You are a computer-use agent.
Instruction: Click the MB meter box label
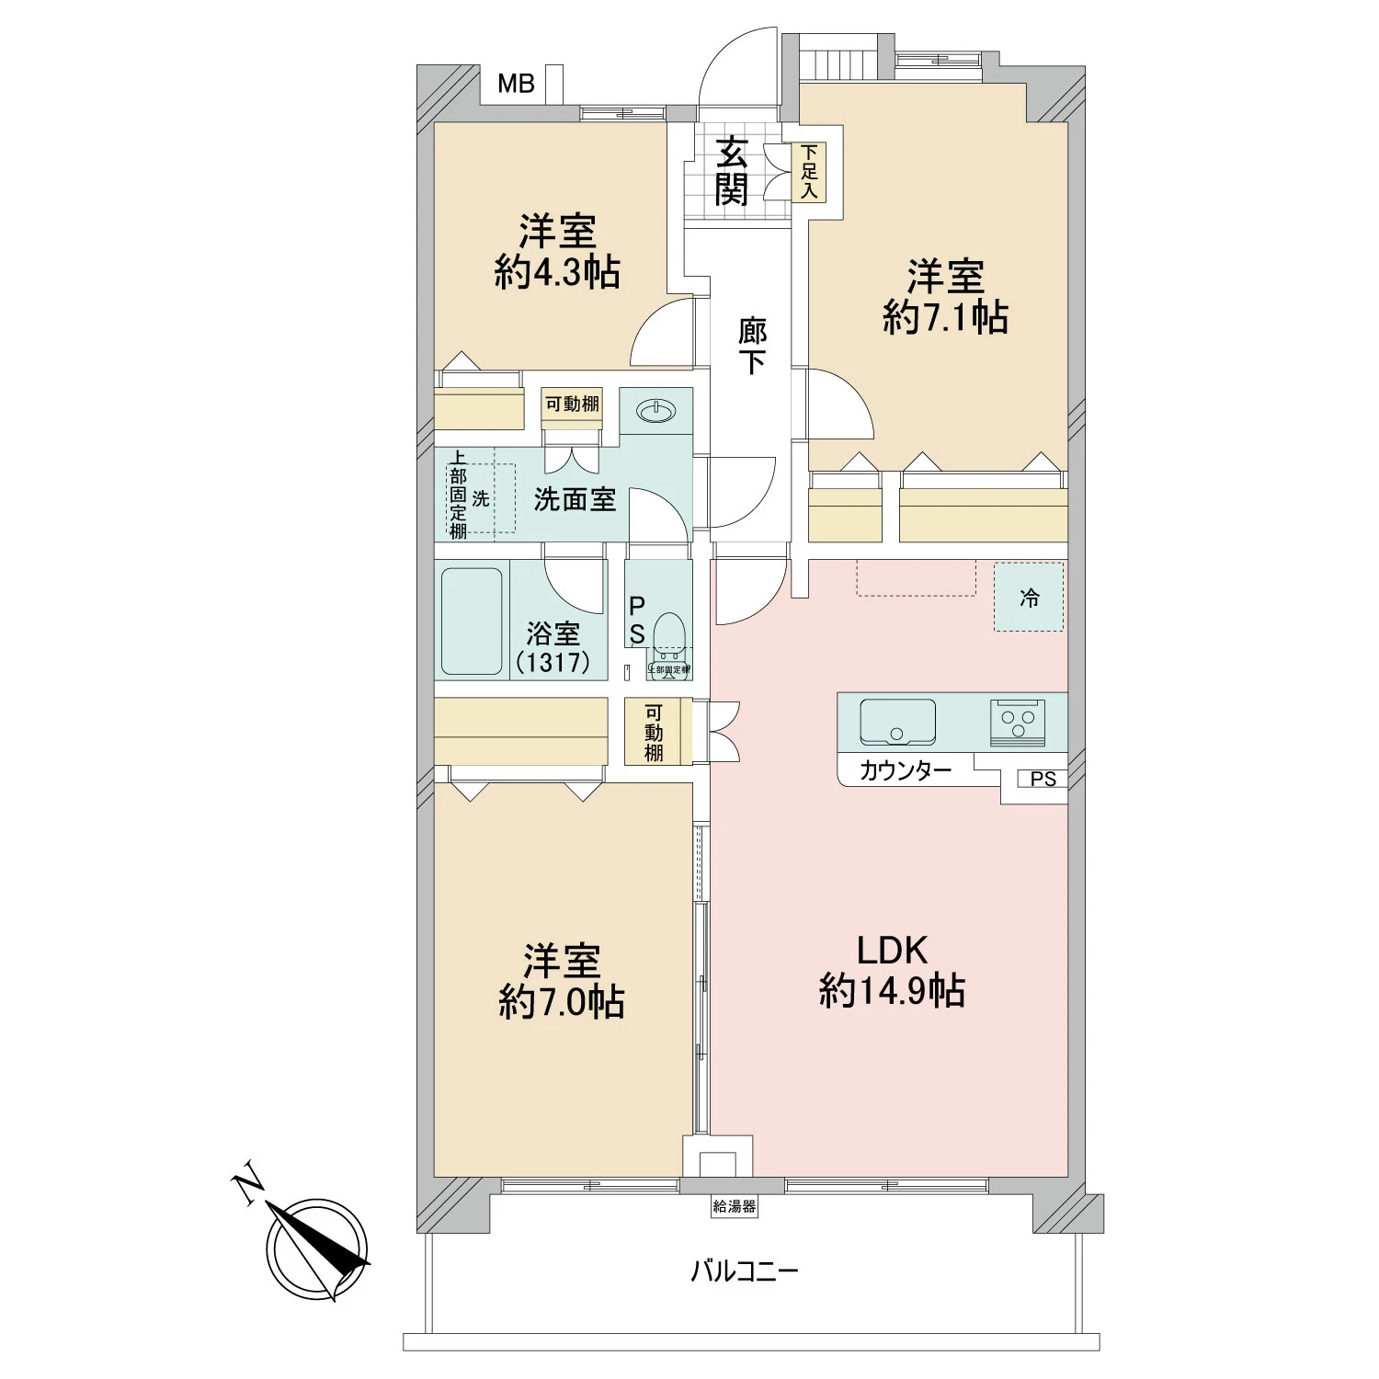[x=516, y=85]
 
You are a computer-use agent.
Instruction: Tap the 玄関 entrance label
[x=732, y=171]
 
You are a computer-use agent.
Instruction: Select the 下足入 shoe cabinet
[x=809, y=172]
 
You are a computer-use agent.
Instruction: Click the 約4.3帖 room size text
[x=557, y=273]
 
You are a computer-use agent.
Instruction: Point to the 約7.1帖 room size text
[x=945, y=317]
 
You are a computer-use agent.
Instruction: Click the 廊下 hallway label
[x=752, y=346]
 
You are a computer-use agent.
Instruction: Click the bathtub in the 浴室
[x=472, y=621]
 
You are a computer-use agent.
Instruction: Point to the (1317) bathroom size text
[x=553, y=662]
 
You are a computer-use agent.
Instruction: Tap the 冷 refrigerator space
[x=1029, y=598]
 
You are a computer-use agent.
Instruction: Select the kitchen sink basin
[x=897, y=722]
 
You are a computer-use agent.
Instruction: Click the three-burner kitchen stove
[x=1018, y=722]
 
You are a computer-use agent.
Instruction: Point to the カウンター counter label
[x=905, y=771]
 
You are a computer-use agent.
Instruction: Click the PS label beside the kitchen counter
[x=1043, y=780]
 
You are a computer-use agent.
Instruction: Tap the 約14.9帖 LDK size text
[x=892, y=992]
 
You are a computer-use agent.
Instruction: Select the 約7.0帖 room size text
[x=562, y=1002]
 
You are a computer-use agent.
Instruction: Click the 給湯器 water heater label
[x=734, y=1206]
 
